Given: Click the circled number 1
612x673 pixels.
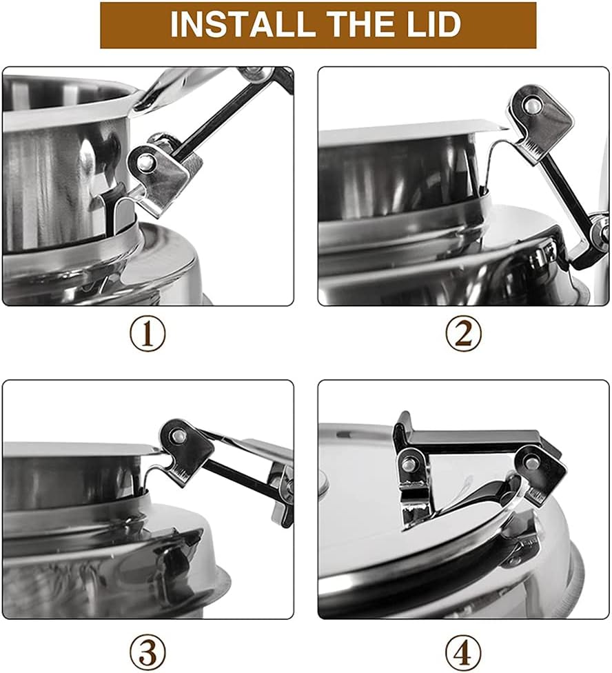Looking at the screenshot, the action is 147,334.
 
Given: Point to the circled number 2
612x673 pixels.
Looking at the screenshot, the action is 463,334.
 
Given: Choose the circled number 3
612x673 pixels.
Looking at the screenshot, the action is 147,652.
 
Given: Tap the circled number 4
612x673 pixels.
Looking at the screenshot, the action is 463,652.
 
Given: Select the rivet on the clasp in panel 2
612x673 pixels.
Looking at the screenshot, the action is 532,105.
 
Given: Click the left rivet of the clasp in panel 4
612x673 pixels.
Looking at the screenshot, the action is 411,463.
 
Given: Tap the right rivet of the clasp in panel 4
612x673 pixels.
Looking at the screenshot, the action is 532,462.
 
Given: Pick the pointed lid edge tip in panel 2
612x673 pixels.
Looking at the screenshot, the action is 509,128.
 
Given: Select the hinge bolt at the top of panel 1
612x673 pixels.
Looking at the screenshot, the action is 256,74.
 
